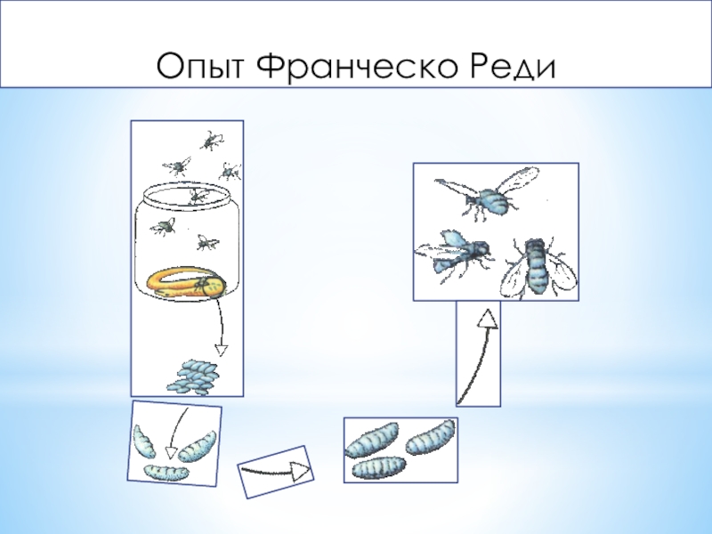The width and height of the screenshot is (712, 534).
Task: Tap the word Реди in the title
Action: click(x=513, y=67)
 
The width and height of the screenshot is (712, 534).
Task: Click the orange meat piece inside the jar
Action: click(x=186, y=284)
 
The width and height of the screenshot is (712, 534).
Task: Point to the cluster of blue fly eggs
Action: click(x=193, y=376)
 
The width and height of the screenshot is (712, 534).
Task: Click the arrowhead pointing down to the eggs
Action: click(x=221, y=351)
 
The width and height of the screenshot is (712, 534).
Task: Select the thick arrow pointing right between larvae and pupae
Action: click(x=275, y=473)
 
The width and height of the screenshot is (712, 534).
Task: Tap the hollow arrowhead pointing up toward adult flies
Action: click(x=488, y=319)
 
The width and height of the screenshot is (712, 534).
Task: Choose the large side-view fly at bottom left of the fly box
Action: click(x=454, y=255)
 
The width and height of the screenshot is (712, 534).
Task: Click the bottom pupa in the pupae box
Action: click(x=379, y=468)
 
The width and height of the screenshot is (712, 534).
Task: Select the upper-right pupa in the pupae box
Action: click(x=430, y=437)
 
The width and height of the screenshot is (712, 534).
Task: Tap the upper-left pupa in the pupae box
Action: click(x=372, y=440)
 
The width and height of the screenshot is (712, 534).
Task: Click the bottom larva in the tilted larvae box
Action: click(x=166, y=473)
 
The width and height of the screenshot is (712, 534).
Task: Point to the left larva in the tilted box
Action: click(x=144, y=441)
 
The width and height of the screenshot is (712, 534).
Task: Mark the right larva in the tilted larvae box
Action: click(x=197, y=448)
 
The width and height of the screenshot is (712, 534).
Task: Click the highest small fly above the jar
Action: click(x=211, y=140)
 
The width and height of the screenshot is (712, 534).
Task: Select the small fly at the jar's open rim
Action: click(x=198, y=195)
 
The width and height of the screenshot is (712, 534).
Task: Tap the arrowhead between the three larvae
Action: click(x=171, y=453)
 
